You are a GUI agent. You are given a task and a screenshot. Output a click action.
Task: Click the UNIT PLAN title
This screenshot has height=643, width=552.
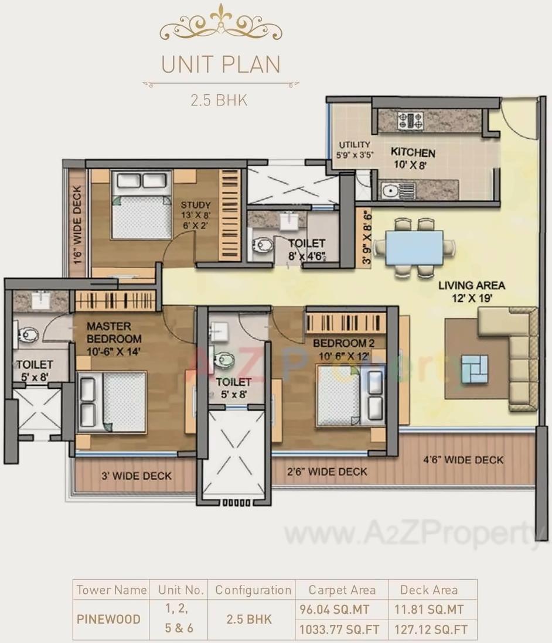pyautogui.click(x=220, y=64)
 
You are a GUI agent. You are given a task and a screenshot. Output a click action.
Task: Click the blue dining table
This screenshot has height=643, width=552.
pyautogui.click(x=413, y=247)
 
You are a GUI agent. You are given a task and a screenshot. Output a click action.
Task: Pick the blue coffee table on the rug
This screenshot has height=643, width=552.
pyautogui.click(x=474, y=369)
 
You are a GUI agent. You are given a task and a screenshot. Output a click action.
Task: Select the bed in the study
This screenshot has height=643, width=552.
pyautogui.click(x=141, y=205)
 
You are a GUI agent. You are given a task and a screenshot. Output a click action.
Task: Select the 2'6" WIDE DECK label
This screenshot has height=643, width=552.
pyautogui.click(x=327, y=471)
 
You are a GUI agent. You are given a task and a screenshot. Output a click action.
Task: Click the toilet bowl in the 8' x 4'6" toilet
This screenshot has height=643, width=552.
pyautogui.click(x=261, y=245)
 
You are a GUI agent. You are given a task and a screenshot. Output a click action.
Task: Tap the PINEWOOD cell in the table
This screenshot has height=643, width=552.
pyautogui.click(x=109, y=619)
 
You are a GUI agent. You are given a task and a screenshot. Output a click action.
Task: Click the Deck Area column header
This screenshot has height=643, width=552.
pyautogui.click(x=428, y=590)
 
